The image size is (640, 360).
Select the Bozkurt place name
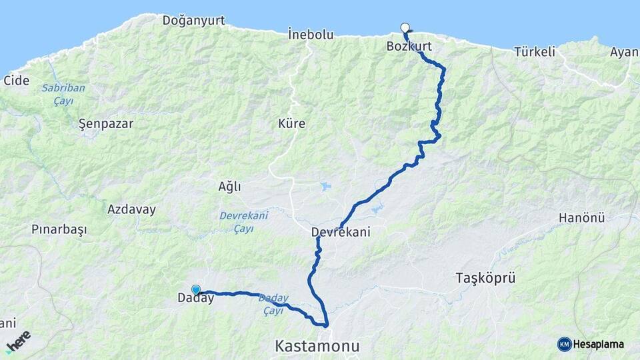point(409,47)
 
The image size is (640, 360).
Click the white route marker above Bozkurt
point(405,27)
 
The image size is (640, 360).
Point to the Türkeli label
point(535,52)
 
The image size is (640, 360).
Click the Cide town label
point(17,81)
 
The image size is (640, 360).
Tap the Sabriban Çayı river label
point(57,94)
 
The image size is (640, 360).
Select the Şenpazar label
point(106,123)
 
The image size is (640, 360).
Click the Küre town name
point(291,123)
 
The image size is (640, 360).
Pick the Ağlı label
point(229,187)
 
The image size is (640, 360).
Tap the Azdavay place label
point(131,209)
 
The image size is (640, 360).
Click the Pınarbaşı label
point(59,229)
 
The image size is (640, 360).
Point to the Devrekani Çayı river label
point(243,221)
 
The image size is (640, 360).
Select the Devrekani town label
point(340,232)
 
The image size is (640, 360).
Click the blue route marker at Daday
point(196,289)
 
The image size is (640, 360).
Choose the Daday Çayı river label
point(272,304)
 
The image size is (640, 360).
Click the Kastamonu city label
point(317,347)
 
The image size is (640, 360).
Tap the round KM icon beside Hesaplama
point(564,344)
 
